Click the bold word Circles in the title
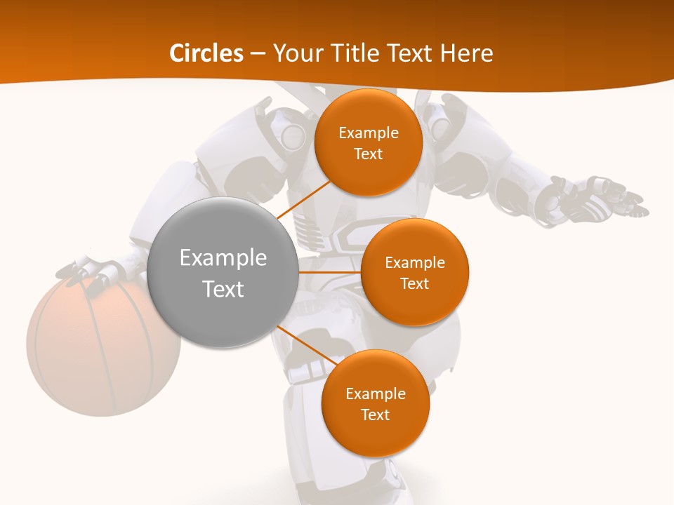coord(206,53)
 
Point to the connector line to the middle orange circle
coord(329,272)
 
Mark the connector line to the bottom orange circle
coord(306,344)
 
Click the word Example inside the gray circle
coord(223,258)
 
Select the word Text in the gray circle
coord(223,289)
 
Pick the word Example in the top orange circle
coord(368,133)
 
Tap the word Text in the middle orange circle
coord(415,283)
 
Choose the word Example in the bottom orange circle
coord(375,393)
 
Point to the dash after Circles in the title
coord(258,54)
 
